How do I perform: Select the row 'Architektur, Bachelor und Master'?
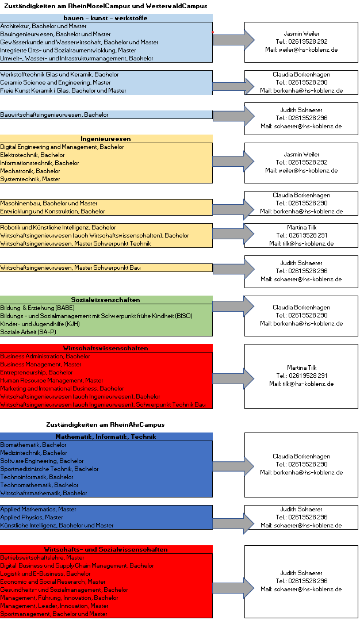coord(44,26)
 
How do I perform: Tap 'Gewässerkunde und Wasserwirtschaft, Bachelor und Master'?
coord(79,42)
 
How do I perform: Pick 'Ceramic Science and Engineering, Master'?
coord(56,82)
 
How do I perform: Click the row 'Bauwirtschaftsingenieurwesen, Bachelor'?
coord(54,114)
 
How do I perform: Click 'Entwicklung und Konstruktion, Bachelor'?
coord(53,211)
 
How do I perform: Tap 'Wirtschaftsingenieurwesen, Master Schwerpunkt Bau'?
coord(70,267)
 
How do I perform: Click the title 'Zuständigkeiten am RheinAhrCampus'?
coord(105,424)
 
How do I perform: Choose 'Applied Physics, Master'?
coord(32,517)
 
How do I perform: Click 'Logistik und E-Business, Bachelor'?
coord(45,573)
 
